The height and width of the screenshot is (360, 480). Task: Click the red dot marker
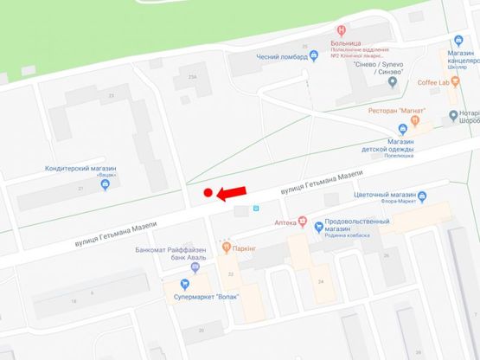pos(208,193)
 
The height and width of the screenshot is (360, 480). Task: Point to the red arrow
pos(231,192)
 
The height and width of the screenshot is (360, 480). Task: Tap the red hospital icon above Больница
pos(342,30)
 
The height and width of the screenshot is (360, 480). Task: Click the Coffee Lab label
pos(438,83)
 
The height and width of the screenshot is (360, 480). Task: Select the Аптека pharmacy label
pos(285,222)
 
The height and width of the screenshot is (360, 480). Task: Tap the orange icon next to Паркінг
pos(224,247)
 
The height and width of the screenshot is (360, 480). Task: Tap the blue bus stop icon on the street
pos(256,208)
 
